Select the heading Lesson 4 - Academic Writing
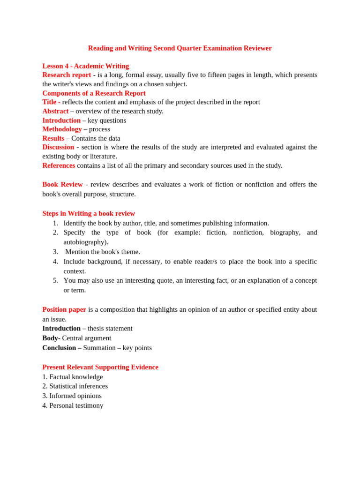pyautogui.click(x=85, y=66)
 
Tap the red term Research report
pyautogui.click(x=67, y=75)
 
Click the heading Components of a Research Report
pyautogui.click(x=94, y=93)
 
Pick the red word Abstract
pyautogui.click(x=55, y=111)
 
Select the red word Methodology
pyautogui.click(x=62, y=129)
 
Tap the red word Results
pyautogui.click(x=53, y=138)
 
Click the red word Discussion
pyautogui.click(x=58, y=147)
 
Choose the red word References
pyautogui.click(x=59, y=165)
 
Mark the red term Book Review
pyautogui.click(x=62, y=185)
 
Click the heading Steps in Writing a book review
pyautogui.click(x=89, y=213)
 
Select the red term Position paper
pyautogui.click(x=64, y=309)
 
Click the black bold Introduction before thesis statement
pyautogui.click(x=61, y=328)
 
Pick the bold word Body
pyautogui.click(x=50, y=338)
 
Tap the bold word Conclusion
pyautogui.click(x=59, y=348)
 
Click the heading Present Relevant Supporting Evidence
pyautogui.click(x=100, y=367)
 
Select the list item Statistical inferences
pyautogui.click(x=78, y=386)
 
